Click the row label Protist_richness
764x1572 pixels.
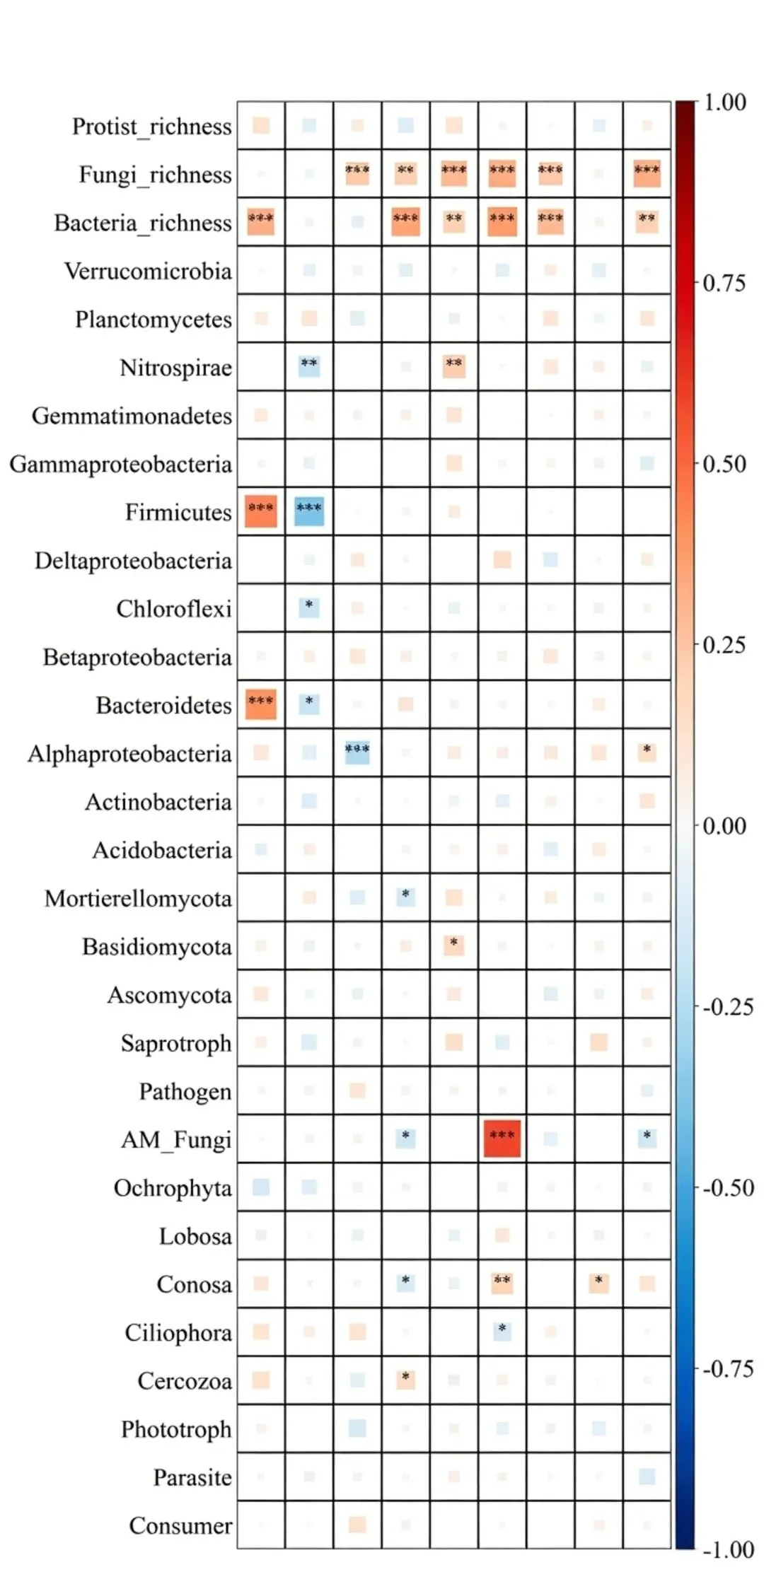click(151, 127)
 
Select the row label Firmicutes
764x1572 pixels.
click(178, 513)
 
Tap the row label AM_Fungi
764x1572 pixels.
click(176, 1140)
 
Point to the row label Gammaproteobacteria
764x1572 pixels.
click(120, 465)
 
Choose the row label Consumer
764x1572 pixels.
click(180, 1526)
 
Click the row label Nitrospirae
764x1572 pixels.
click(175, 368)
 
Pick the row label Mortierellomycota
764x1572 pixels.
click(138, 899)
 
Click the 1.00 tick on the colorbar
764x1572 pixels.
click(724, 103)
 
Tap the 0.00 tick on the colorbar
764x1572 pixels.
click(724, 826)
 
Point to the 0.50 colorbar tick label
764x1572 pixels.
click(724, 464)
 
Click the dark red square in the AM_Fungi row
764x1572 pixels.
click(502, 1139)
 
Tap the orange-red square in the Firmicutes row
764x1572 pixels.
click(261, 511)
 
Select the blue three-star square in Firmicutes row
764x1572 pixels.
click(309, 511)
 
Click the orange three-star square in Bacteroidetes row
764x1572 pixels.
click(261, 704)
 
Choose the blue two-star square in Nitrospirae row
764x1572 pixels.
click(309, 366)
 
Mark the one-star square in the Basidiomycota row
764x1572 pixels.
click(453, 945)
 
